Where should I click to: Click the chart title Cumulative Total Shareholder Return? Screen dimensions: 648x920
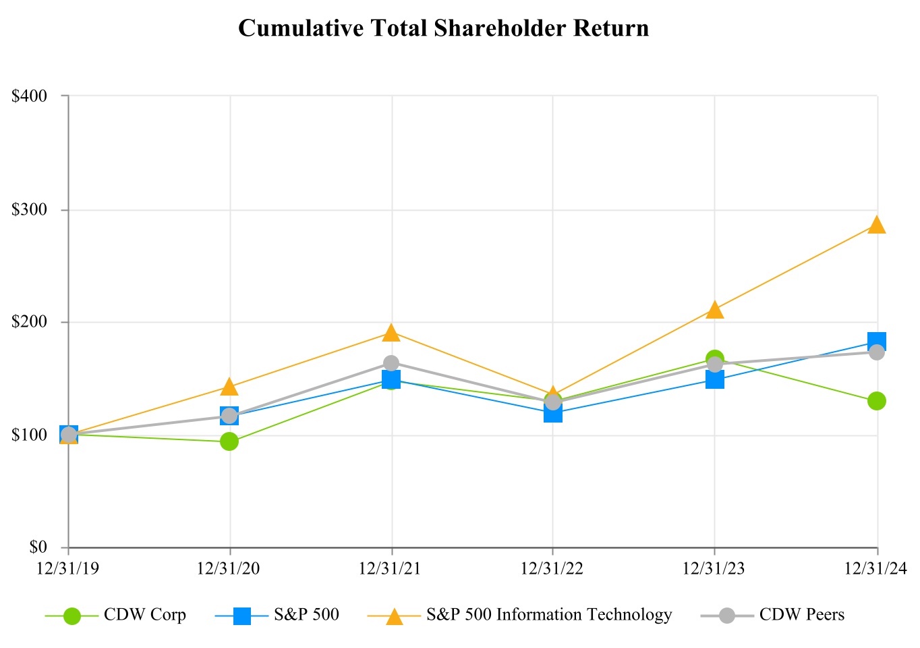443,28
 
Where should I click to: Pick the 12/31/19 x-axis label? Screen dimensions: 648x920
68,568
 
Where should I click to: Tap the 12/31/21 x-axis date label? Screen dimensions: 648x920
391,568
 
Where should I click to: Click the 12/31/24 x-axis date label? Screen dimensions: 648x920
875,568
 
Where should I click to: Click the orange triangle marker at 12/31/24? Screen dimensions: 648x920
876,225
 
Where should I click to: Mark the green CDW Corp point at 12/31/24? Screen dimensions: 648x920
876,401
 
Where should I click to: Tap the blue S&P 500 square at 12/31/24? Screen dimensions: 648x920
876,342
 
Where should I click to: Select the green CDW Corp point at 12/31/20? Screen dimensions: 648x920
229,441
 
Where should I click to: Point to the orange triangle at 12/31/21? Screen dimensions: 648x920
391,333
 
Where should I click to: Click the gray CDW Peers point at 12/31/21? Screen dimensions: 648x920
391,363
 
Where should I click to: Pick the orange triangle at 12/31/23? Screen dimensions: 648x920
715,310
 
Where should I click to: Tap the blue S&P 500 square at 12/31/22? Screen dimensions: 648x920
553,412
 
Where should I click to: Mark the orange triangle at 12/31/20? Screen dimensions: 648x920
229,387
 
